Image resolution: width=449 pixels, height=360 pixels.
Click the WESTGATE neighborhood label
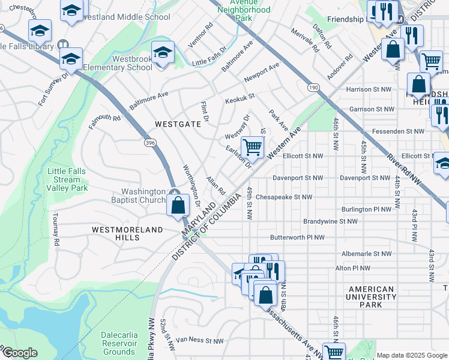pos(177,124)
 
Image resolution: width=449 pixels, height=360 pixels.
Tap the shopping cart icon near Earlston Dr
pos(253,147)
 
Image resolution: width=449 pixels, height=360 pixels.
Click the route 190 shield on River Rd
pos(313,87)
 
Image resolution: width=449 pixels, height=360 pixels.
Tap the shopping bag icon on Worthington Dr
pos(178,206)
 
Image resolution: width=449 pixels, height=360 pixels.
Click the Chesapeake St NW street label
pos(284,197)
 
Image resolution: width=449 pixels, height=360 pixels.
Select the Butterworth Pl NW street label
pos(297,238)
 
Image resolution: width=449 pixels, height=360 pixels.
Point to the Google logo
pos(19,353)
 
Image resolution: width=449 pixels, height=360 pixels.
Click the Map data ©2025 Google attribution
pos(412,355)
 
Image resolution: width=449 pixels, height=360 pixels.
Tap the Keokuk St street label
pos(240,95)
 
